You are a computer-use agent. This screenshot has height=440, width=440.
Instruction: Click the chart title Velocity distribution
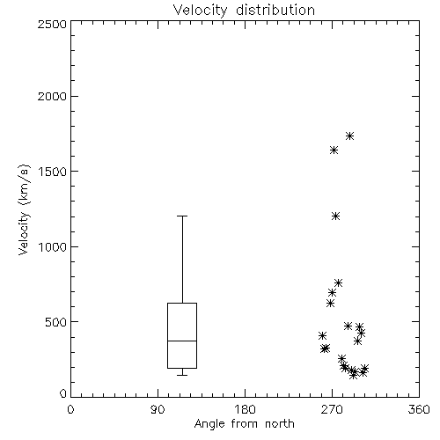point(244,10)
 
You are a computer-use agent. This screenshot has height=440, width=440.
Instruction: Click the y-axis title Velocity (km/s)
point(24,209)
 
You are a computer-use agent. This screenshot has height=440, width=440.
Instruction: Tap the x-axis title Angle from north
point(244,423)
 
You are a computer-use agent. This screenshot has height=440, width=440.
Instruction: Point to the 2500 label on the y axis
point(52,24)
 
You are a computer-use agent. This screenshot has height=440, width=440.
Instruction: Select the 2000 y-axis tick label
point(52,96)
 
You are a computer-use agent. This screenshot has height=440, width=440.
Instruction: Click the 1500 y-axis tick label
point(53,172)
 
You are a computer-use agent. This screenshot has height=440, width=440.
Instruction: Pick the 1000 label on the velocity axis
point(53,246)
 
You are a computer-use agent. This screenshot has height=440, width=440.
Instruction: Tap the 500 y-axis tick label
point(56,322)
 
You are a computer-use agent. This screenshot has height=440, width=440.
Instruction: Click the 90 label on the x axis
point(158,409)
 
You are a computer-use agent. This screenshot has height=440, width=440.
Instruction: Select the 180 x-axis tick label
point(245,409)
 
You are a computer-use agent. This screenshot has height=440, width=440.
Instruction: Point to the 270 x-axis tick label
point(332,409)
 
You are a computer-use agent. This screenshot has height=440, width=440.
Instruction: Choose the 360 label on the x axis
point(419,409)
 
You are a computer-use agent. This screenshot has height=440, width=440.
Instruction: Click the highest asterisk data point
point(349,136)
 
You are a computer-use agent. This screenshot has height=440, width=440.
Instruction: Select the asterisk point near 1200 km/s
point(335,216)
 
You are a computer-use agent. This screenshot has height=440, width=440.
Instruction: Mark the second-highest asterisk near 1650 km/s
point(334,150)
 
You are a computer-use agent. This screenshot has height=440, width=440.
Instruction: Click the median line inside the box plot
point(182,341)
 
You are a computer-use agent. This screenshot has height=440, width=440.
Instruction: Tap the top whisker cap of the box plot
point(182,216)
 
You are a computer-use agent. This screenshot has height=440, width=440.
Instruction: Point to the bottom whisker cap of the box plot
point(182,375)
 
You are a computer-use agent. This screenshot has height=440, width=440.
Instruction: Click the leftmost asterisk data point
point(322,335)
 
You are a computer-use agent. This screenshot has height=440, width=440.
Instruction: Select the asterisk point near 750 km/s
point(338,282)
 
